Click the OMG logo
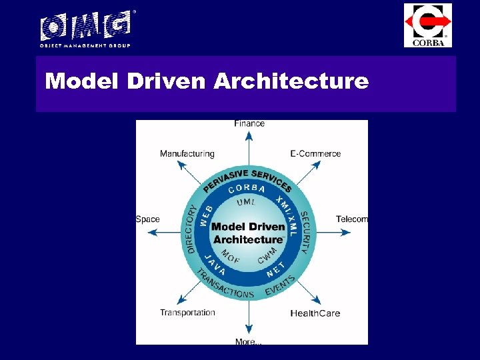[x=85, y=28]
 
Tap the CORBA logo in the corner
[x=428, y=25]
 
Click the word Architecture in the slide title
[x=291, y=82]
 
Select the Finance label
[x=249, y=123]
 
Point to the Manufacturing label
[x=187, y=154]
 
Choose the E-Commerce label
[x=315, y=154]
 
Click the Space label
[x=148, y=219]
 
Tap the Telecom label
[x=351, y=219]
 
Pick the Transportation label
[x=187, y=313]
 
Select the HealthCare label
[x=315, y=313]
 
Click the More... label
[x=249, y=342]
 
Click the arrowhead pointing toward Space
[x=152, y=232]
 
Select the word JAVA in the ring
[x=215, y=265]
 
